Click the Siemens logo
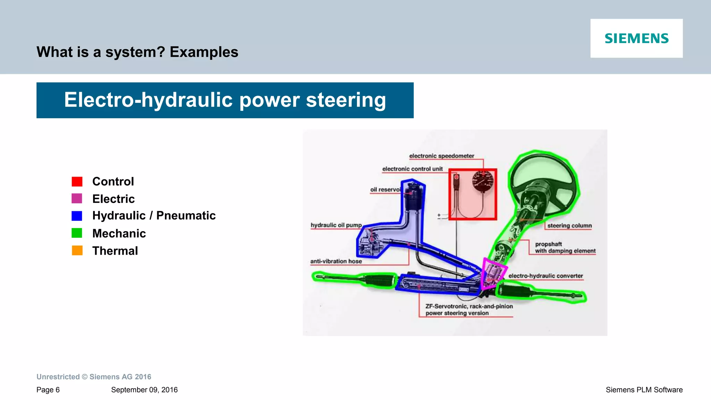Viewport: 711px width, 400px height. click(636, 38)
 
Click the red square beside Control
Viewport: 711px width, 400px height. click(77, 181)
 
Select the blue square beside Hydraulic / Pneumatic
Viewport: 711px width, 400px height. click(77, 216)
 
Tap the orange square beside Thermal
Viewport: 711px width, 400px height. click(77, 251)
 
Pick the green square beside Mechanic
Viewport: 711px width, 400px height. click(77, 233)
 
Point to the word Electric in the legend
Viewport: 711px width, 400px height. click(113, 199)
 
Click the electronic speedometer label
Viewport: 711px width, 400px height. click(441, 156)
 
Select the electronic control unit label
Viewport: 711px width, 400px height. click(412, 169)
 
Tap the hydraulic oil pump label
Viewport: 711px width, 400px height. click(336, 225)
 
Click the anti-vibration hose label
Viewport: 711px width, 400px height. click(336, 261)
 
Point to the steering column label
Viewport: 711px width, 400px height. click(569, 226)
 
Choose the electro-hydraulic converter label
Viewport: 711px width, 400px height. click(545, 276)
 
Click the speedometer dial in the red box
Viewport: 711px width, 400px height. click(483, 181)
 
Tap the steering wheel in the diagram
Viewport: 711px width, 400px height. click(543, 181)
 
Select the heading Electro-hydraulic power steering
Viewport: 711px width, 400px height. click(225, 100)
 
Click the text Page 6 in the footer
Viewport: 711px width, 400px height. click(48, 390)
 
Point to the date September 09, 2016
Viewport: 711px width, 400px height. click(144, 390)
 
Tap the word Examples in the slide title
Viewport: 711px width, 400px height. click(204, 52)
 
